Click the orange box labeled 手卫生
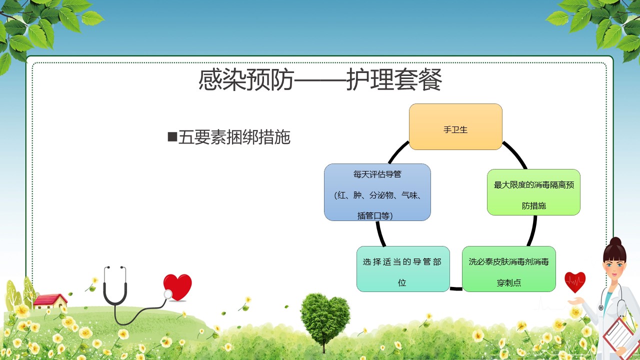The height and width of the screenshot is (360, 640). click(x=455, y=126)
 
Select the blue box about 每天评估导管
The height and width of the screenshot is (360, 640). click(x=377, y=192)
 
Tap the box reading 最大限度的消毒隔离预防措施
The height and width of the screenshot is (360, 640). click(x=533, y=192)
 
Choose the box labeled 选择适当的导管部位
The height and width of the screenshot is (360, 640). click(x=403, y=269)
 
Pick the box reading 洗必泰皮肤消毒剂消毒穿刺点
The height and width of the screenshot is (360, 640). click(x=509, y=269)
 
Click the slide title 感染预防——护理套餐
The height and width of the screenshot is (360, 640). click(x=320, y=80)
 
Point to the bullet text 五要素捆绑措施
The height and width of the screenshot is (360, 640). click(x=234, y=137)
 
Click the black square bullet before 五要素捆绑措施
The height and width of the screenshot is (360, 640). click(x=172, y=136)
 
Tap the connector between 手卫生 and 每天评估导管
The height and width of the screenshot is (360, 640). click(x=398, y=151)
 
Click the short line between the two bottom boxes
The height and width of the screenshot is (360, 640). click(x=456, y=288)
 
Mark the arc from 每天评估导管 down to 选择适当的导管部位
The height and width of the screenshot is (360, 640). click(x=380, y=233)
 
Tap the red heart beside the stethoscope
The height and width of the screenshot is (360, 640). click(x=177, y=286)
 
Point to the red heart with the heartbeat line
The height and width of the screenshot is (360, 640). click(x=575, y=281)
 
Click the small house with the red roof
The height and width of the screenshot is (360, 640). click(x=50, y=301)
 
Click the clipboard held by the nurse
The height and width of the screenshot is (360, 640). click(x=620, y=335)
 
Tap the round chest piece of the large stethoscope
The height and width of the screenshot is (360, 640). click(x=167, y=294)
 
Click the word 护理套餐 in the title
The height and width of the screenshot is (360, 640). click(x=394, y=80)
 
